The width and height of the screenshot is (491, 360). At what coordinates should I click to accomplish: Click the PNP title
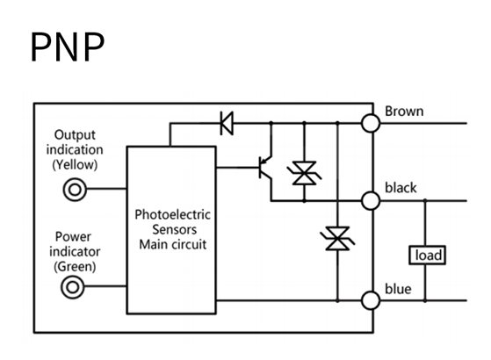point(68,47)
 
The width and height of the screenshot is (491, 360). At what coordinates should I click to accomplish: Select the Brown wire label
point(404,112)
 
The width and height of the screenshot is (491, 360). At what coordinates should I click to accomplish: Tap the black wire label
point(401,188)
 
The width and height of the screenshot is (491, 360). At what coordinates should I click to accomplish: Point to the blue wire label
point(398,289)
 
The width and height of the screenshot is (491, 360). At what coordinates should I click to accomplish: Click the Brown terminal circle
point(371,123)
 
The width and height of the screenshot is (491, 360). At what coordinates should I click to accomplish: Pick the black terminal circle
point(371,201)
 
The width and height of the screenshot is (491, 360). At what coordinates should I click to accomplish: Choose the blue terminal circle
point(371,300)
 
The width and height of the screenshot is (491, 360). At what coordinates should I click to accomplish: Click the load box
point(428,256)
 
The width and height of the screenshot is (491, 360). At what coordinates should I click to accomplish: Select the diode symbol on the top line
point(227,123)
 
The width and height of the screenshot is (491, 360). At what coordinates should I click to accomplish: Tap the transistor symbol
point(265,168)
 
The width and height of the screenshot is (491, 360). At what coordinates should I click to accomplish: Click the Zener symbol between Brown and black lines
point(304,173)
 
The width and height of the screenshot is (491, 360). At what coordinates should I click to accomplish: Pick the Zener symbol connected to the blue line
point(337,239)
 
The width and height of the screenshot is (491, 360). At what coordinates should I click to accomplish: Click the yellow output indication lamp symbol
point(75,190)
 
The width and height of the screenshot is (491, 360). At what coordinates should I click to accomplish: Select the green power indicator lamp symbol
point(73,287)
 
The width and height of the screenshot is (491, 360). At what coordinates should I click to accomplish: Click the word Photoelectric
point(172,215)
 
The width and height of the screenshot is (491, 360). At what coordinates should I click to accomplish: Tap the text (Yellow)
point(75,165)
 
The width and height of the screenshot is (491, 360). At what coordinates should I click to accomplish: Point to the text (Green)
point(75,266)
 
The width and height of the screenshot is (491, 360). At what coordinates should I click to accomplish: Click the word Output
point(75,135)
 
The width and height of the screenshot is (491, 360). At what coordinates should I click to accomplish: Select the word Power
point(73,237)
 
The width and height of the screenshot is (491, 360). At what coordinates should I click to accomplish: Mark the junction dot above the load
point(425,200)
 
